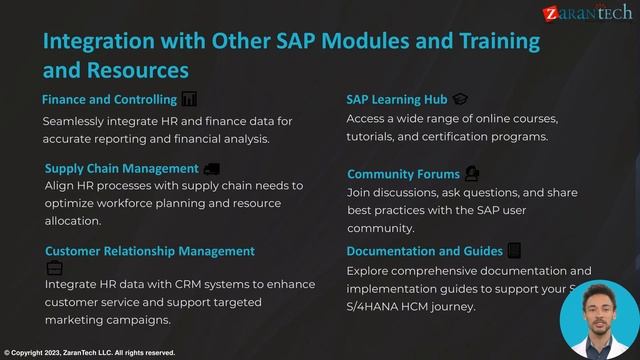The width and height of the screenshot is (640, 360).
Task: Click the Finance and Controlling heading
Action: pyautogui.click(x=109, y=100)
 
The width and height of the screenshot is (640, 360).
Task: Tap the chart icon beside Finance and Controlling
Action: pyautogui.click(x=189, y=99)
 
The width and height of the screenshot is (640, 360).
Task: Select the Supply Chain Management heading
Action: pyautogui.click(x=121, y=168)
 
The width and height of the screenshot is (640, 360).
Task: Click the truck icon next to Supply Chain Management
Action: pyautogui.click(x=211, y=168)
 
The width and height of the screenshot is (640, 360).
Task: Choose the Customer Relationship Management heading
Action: pyautogui.click(x=149, y=251)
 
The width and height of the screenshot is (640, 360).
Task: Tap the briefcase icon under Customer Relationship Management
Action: pyautogui.click(x=54, y=268)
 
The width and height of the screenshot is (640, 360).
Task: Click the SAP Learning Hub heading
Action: pyautogui.click(x=396, y=100)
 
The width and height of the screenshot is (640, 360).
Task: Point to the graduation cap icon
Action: pyautogui.click(x=460, y=99)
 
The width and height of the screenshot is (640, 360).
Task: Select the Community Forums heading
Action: pyautogui.click(x=403, y=174)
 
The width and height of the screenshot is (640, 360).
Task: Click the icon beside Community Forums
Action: pyautogui.click(x=472, y=173)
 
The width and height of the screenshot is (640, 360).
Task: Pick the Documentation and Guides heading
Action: pyautogui.click(x=424, y=251)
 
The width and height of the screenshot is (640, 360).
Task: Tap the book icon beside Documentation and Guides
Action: pyautogui.click(x=514, y=250)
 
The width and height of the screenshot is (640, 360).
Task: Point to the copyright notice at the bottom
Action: pyautogui.click(x=89, y=353)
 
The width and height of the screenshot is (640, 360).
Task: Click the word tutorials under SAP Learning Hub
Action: pyautogui.click(x=374, y=136)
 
